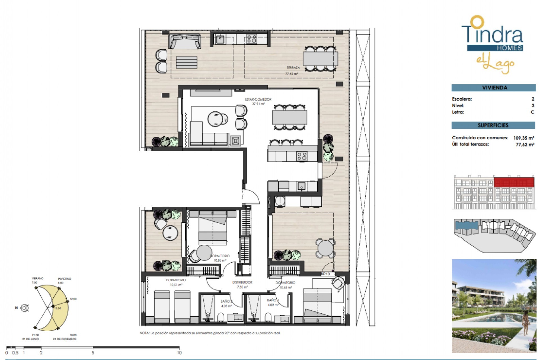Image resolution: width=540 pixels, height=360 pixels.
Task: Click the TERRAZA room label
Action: click(x=293, y=67)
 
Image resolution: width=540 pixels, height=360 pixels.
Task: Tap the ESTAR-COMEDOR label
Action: click(x=258, y=99)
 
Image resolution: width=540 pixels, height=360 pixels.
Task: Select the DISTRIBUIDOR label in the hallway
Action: click(x=242, y=282)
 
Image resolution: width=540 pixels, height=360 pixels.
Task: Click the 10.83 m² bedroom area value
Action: click(x=220, y=260)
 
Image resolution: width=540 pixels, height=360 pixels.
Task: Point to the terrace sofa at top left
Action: click(x=185, y=42)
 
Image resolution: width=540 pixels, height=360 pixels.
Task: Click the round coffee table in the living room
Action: click(x=216, y=119)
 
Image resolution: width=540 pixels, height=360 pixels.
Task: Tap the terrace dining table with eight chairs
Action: click(x=320, y=59)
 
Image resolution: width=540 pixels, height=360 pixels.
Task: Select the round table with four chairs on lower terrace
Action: click(x=325, y=248)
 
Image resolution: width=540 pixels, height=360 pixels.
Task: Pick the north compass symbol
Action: click(x=25, y=308)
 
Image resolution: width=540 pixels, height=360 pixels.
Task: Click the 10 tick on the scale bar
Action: click(x=179, y=352)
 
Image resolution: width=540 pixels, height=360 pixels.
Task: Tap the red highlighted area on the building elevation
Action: click(x=514, y=182)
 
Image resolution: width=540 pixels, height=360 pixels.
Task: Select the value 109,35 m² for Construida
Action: click(x=523, y=138)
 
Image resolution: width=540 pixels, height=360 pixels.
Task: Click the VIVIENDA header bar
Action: click(x=494, y=88)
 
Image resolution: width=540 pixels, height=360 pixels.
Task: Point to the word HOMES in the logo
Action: click(x=509, y=48)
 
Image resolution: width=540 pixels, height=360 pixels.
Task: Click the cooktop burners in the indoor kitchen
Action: click(x=302, y=156)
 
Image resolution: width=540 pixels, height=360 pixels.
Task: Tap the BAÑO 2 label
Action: click(x=226, y=301)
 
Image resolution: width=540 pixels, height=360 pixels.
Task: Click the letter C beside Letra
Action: click(x=532, y=112)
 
